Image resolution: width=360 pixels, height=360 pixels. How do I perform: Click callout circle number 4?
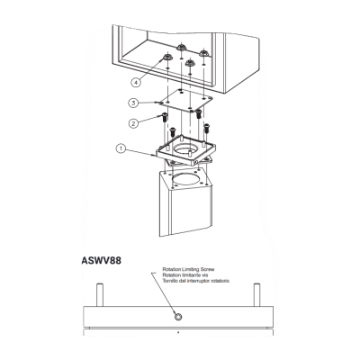pyautogui.click(x=136, y=82)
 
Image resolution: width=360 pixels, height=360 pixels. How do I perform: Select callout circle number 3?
pyautogui.click(x=133, y=103)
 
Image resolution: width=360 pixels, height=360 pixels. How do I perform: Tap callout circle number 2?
pyautogui.click(x=133, y=123)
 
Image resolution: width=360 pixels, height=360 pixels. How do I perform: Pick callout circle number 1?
pyautogui.click(x=121, y=148)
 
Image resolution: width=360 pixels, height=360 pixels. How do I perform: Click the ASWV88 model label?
pyautogui.click(x=102, y=261)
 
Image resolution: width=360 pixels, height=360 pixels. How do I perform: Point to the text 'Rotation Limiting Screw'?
pyautogui.click(x=188, y=269)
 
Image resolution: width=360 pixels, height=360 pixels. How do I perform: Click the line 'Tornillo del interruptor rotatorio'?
pyautogui.click(x=196, y=281)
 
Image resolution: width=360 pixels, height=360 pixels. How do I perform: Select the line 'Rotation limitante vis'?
pyautogui.click(x=185, y=275)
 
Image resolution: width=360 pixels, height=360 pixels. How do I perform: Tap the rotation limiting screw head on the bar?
pyautogui.click(x=178, y=317)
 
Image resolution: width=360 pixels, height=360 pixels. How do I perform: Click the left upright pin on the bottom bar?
pyautogui.click(x=100, y=295)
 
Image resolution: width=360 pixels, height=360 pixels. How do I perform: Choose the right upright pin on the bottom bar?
pyautogui.click(x=256, y=295)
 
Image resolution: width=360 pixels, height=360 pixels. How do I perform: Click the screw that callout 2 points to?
pyautogui.click(x=165, y=117)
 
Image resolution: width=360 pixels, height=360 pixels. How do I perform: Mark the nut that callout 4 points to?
pyautogui.click(x=167, y=57)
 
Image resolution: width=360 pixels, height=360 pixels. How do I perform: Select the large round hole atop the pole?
pyautogui.click(x=187, y=179)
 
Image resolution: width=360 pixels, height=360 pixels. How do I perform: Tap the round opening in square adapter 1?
pyautogui.click(x=186, y=149)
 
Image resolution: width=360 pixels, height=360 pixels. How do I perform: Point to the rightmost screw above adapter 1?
pyautogui.click(x=206, y=128)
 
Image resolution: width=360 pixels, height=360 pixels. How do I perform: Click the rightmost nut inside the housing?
pyautogui.click(x=204, y=53)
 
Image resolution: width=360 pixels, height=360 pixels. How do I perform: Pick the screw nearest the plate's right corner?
pyautogui.click(x=198, y=114)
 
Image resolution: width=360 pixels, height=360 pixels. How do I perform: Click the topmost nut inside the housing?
pyautogui.click(x=181, y=47)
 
